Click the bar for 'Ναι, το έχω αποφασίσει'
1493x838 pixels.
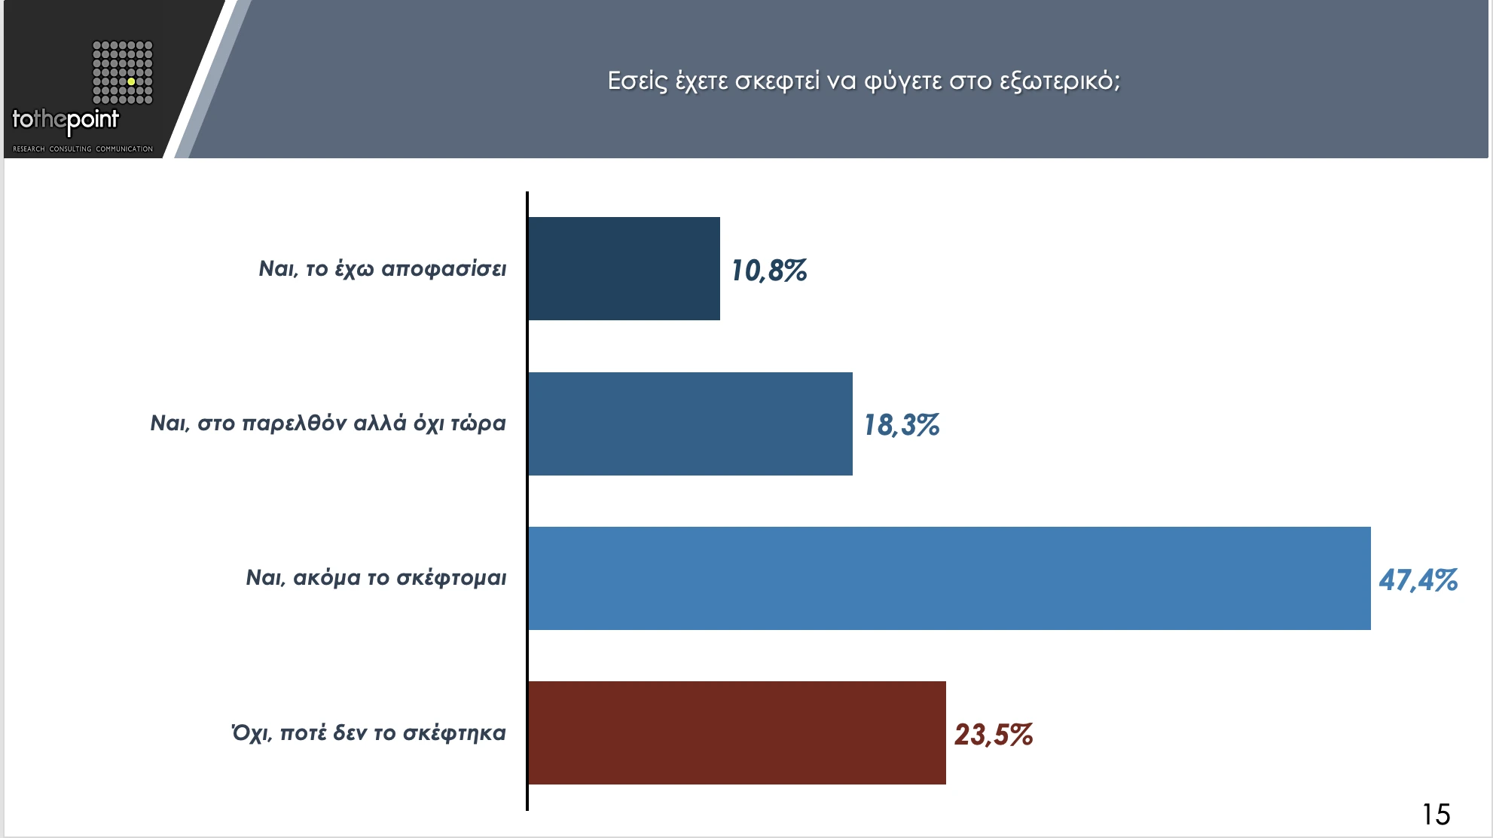click(624, 268)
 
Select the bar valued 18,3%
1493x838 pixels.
click(690, 424)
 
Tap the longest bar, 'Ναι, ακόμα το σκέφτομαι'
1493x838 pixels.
click(949, 578)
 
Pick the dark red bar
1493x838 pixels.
click(737, 732)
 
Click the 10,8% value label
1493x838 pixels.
click(768, 271)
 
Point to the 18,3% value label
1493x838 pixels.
click(901, 425)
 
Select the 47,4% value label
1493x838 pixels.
click(1418, 580)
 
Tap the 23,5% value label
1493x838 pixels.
click(993, 735)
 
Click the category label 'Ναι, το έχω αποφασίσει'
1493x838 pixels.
click(382, 269)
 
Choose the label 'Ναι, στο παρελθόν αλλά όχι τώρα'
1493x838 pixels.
click(328, 424)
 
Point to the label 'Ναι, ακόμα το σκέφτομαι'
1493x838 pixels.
click(376, 578)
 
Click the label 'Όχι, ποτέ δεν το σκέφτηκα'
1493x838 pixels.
click(368, 732)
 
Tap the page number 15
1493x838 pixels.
click(1436, 815)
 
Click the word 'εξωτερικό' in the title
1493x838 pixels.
click(1059, 81)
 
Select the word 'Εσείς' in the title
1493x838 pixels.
click(637, 81)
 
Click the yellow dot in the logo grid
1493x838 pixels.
click(131, 81)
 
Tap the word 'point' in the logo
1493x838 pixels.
click(93, 120)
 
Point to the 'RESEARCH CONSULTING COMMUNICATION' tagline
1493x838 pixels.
click(83, 148)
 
